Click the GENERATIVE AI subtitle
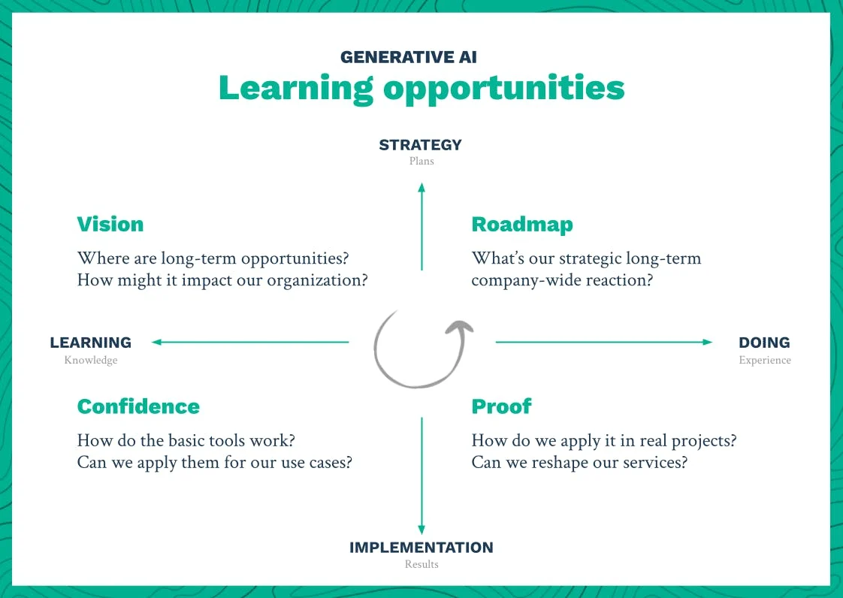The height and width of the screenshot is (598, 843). [409, 57]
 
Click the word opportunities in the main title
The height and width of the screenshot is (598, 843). [503, 89]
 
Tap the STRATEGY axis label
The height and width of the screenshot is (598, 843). [420, 145]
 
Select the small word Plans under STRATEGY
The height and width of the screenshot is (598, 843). [421, 161]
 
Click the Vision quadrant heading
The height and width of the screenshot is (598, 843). [110, 225]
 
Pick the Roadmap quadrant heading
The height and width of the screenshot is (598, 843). [522, 225]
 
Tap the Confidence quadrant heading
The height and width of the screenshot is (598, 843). [138, 406]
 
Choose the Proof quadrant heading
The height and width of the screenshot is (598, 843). [501, 406]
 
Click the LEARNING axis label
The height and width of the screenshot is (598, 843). [91, 343]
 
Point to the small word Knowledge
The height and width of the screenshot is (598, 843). [91, 361]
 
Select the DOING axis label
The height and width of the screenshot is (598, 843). [764, 343]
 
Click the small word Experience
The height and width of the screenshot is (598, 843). [765, 361]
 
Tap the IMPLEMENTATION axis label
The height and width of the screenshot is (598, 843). [421, 548]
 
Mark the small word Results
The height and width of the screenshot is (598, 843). [421, 564]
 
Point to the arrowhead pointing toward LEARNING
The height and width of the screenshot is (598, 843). [156, 343]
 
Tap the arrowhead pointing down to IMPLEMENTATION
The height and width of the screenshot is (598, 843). [421, 530]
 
